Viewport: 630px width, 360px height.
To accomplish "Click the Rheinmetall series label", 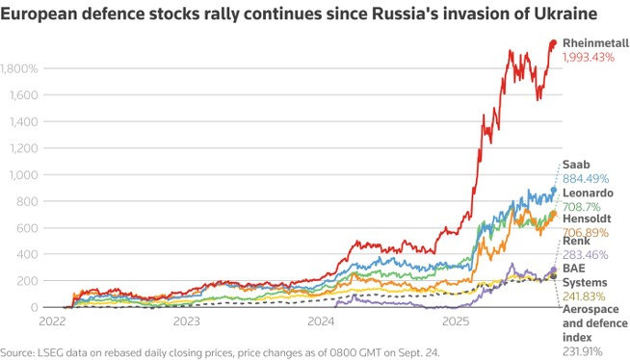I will click(x=594, y=43).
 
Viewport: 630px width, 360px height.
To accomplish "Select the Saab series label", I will click(x=576, y=165).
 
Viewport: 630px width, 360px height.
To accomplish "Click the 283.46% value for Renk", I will click(x=586, y=256).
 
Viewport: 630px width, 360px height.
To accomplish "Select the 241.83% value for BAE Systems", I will click(x=586, y=297).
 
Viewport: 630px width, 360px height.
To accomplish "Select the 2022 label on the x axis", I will click(x=52, y=321).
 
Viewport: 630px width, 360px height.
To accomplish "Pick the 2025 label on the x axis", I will click(x=457, y=321).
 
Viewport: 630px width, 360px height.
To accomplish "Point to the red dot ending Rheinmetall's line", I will click(x=554, y=42).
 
